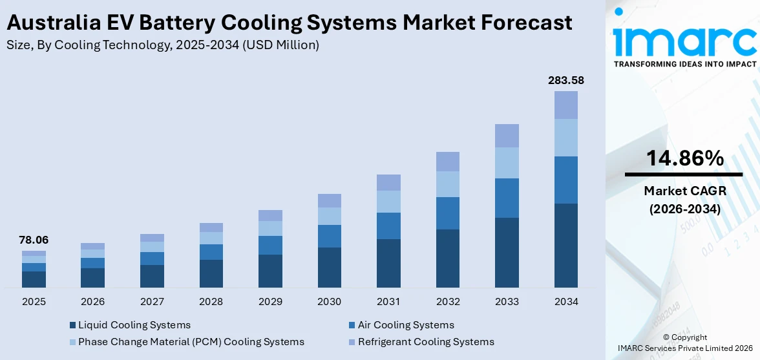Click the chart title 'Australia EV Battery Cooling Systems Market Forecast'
point(289,23)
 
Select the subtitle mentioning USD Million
point(162,45)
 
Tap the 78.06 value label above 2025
point(34,240)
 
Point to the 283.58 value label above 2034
point(565,80)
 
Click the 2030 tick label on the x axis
point(330,302)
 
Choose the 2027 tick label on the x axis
point(152,302)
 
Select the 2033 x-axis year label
point(507,302)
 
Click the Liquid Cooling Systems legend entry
point(134,325)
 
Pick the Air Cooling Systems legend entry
point(406,325)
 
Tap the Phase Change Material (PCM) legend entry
point(191,342)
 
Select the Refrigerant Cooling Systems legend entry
point(426,342)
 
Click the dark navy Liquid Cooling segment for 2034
point(565,246)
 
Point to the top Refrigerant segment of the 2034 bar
point(565,105)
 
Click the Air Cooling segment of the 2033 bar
point(507,198)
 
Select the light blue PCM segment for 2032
point(448,184)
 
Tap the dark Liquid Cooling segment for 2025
point(34,279)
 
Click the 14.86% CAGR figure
point(683,158)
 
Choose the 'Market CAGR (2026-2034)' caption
point(683,200)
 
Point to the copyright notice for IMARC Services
point(683,343)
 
